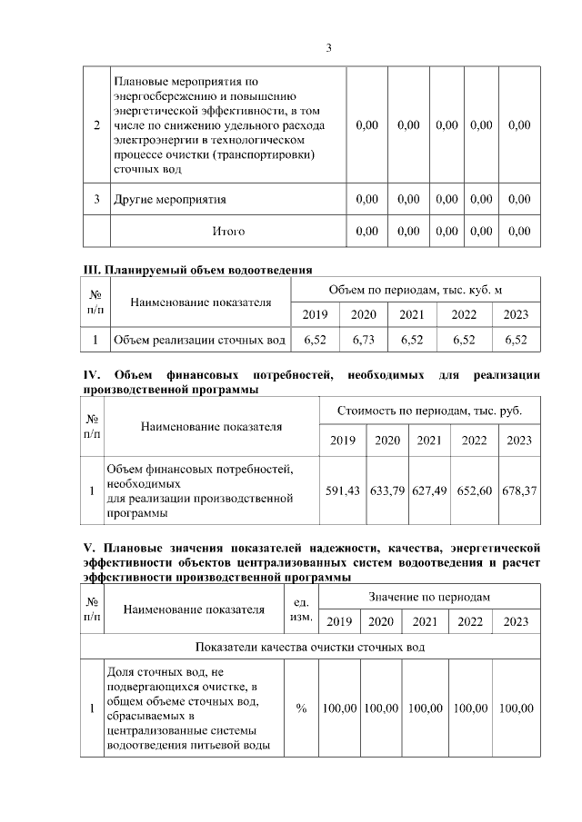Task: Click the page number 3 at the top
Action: [x=329, y=48]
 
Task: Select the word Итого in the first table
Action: [x=228, y=232]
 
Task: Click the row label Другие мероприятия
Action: [x=169, y=199]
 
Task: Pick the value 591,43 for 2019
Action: [x=343, y=490]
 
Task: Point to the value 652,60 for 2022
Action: [x=475, y=490]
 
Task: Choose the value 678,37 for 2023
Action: [x=519, y=490]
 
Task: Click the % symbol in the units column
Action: [x=301, y=708]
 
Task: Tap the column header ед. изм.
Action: [x=301, y=609]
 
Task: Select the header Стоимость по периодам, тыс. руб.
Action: [x=430, y=411]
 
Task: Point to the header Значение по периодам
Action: [x=429, y=597]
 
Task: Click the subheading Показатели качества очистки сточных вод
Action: [x=310, y=647]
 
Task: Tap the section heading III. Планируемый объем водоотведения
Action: [x=197, y=269]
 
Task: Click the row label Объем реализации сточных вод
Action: [x=198, y=341]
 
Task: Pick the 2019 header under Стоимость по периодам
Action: [x=343, y=441]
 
